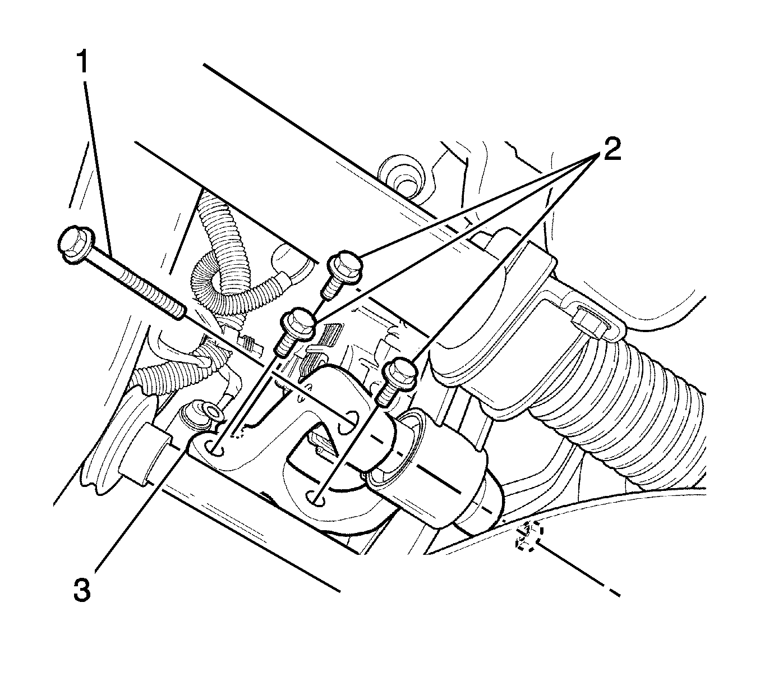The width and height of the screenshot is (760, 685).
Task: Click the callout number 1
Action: coord(82,62)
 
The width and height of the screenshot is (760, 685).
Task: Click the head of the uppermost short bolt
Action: coord(346,266)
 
